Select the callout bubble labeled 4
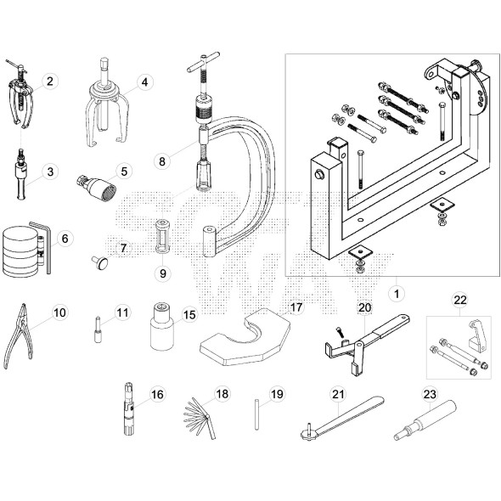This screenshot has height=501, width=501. click(144, 82)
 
